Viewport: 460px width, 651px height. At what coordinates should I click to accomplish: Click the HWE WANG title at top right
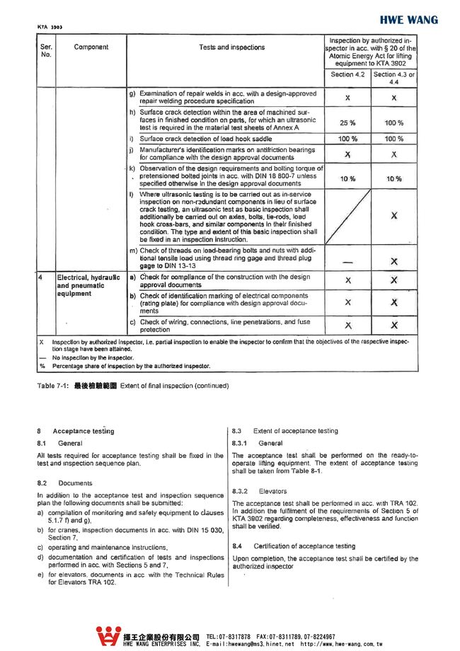tap(408, 20)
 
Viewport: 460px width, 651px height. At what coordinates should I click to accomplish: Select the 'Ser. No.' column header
tap(46, 51)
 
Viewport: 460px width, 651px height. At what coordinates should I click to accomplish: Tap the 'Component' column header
tap(91, 47)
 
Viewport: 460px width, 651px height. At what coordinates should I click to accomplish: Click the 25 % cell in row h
tap(347, 123)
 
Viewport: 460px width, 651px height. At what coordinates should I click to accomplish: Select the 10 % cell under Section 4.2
tap(347, 179)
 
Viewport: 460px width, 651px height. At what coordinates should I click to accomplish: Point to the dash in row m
tap(347, 261)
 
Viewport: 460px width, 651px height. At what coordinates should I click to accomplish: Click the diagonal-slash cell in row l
tap(347, 217)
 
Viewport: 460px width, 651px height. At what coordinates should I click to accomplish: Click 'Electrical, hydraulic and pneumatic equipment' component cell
tap(88, 285)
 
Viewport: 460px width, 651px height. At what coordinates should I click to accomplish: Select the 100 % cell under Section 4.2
tap(347, 139)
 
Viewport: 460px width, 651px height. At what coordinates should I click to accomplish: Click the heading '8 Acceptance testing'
tap(74, 431)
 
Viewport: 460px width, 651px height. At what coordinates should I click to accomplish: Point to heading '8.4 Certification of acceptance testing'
tap(294, 546)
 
